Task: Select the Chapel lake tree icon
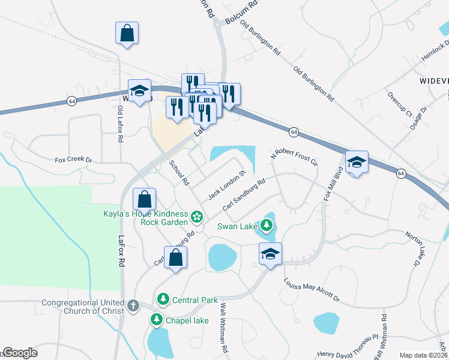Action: coord(157,319)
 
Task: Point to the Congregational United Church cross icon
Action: coord(133,305)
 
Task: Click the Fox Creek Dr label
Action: coord(73,160)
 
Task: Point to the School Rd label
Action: coord(179,173)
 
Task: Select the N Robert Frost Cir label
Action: coord(294,157)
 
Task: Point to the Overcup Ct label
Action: coord(400,104)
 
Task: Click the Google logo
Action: coord(19,353)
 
